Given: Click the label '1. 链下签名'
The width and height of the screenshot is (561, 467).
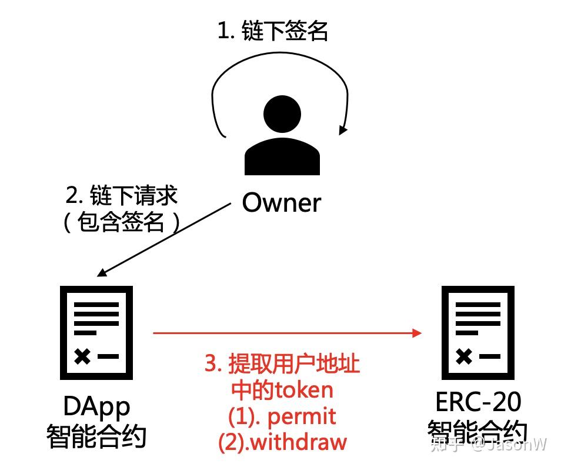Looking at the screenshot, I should click(273, 31).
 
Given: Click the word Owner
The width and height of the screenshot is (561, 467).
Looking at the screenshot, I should click(282, 203).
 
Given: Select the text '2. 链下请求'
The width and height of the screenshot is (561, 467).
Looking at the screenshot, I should click(122, 196).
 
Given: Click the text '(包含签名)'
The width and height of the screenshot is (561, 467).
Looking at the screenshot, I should click(121, 222).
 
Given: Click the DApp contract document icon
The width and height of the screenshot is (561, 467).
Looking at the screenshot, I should click(96, 332).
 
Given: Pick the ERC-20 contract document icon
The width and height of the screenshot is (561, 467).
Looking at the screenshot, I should click(478, 332).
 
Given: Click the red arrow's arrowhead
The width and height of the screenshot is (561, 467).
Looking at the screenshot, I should click(418, 333).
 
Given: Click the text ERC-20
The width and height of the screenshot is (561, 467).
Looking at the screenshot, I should click(477, 403).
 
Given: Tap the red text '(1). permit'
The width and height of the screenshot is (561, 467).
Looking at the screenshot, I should click(282, 416).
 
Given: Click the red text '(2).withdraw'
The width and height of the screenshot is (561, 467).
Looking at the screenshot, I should click(282, 442).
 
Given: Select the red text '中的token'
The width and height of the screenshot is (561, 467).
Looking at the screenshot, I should click(282, 390).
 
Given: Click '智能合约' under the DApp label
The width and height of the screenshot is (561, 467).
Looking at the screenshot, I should click(96, 436).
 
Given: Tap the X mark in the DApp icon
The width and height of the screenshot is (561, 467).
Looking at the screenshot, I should click(83, 356).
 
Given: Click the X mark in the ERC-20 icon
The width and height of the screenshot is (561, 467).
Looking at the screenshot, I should click(465, 356).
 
